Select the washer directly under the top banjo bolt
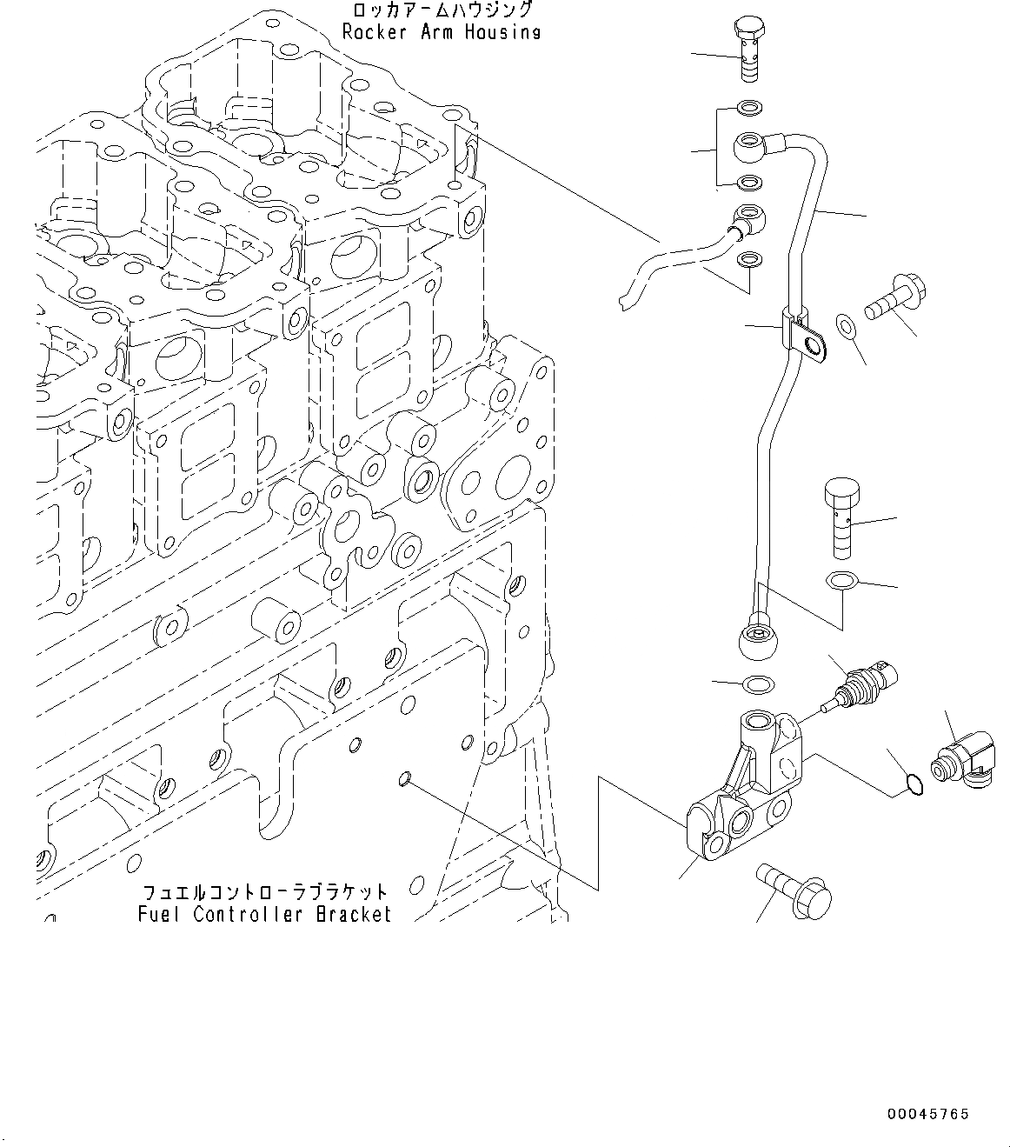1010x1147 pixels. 750,109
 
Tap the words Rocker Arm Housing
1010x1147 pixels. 442,32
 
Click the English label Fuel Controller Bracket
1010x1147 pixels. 264,914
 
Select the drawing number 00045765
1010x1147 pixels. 927,1114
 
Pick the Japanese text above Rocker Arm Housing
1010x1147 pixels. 442,11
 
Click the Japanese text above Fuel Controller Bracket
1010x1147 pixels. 264,893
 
